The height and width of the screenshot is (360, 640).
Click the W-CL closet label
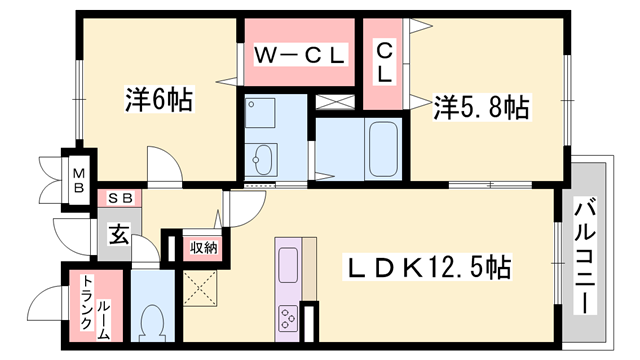[x=300, y=55]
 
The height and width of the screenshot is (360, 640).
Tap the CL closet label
[x=384, y=63]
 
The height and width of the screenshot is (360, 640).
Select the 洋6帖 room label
[x=159, y=99]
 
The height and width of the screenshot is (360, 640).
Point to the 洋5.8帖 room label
[x=481, y=107]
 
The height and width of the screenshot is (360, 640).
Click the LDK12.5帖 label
[x=429, y=267]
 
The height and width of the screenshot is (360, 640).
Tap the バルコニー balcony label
[x=585, y=256]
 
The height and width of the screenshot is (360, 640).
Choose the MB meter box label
[x=79, y=180]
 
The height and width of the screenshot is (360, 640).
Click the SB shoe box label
[x=120, y=198]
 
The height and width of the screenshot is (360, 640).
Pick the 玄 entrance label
[x=119, y=235]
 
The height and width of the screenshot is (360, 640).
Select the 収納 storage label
[x=203, y=247]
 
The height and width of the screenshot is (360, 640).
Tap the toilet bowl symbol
[x=152, y=323]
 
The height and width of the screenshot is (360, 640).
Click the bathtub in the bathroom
[x=383, y=149]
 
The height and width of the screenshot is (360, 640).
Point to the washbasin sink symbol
[x=261, y=160]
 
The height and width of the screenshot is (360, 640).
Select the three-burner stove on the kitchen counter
[x=288, y=318]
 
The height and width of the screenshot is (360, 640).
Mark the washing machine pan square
[x=260, y=113]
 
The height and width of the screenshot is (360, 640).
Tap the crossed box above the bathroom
[x=335, y=102]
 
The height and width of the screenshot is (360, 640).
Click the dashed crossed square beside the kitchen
[x=200, y=288]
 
